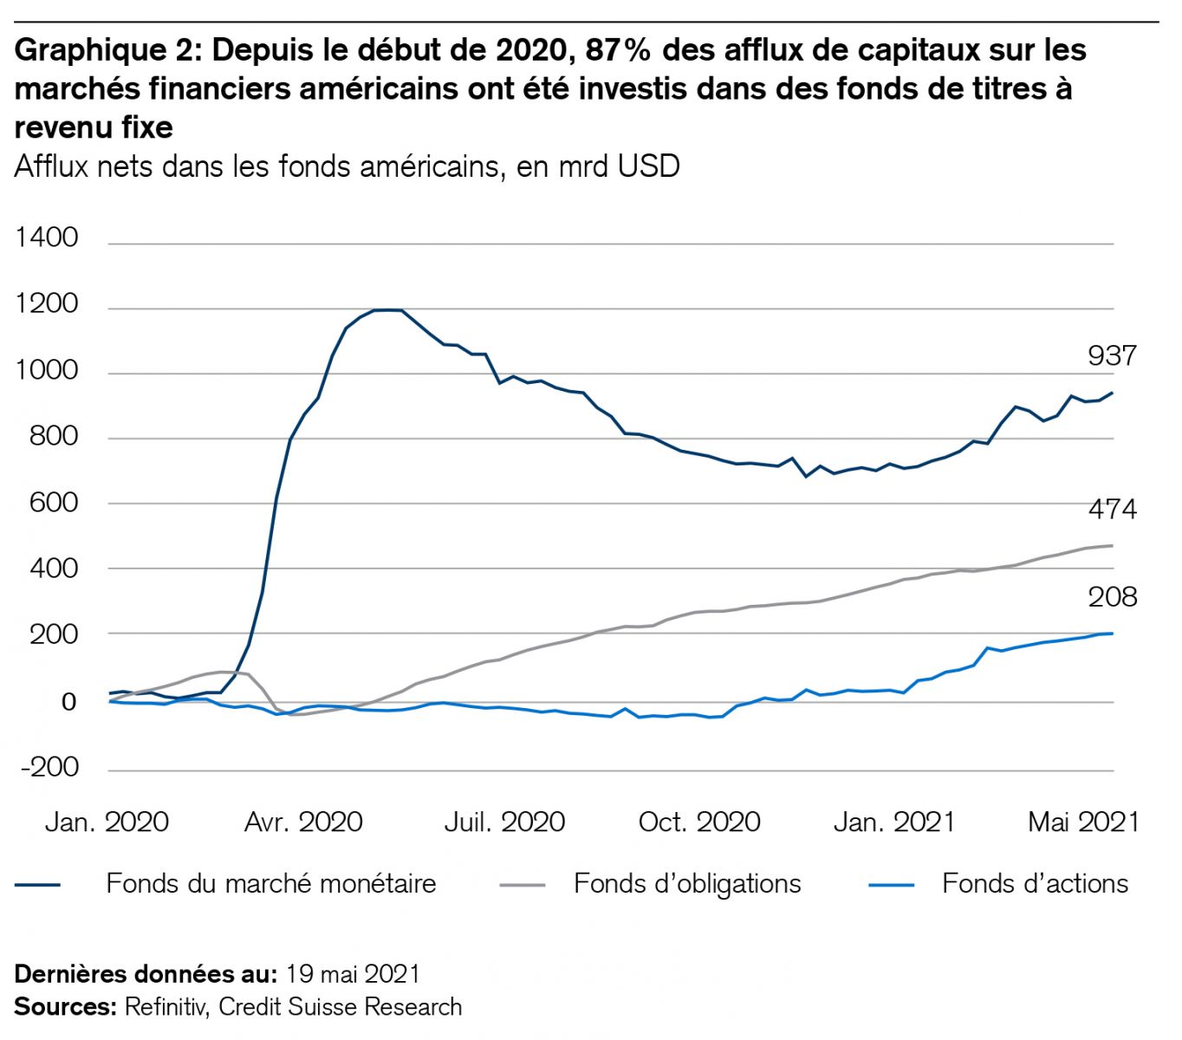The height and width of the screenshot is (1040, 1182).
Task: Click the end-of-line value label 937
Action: (1111, 355)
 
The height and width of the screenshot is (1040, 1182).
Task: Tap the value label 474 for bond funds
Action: (1112, 510)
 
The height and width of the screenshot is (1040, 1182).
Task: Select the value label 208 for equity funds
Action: (1112, 597)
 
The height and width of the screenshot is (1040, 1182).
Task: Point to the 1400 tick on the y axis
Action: (46, 237)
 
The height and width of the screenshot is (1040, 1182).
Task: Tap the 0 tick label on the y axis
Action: (68, 702)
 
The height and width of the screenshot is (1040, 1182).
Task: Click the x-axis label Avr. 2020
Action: (302, 822)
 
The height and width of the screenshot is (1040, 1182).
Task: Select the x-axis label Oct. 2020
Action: (698, 822)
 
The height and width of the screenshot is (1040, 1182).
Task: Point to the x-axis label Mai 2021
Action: (1083, 822)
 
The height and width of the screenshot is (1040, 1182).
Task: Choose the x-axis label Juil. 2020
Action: (504, 822)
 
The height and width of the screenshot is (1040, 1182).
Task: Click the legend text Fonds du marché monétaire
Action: (270, 884)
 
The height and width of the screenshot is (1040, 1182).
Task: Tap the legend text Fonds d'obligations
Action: (687, 884)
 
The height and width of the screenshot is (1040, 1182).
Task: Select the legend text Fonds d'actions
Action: (1035, 884)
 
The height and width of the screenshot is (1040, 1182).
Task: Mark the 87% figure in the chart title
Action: (619, 51)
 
